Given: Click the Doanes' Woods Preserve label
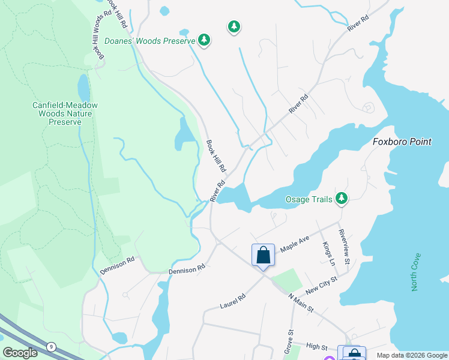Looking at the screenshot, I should tap(150, 41).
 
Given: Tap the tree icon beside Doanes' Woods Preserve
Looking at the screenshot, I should tap(205, 40).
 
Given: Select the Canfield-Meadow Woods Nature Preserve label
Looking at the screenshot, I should tap(65, 113).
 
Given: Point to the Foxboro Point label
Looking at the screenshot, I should tap(402, 142).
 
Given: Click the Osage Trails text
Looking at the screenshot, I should tap(309, 199).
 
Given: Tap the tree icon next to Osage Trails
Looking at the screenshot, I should tap(342, 198).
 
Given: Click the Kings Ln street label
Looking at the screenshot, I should tap(328, 253).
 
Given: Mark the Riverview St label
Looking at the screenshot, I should tap(343, 246).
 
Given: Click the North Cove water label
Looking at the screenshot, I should tap(416, 272).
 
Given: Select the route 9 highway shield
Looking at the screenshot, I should tap(52, 346).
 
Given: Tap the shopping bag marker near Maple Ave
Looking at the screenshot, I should tap(263, 255).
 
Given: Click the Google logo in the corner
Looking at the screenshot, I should tap(20, 352).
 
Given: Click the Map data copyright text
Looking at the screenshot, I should tap(411, 355).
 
